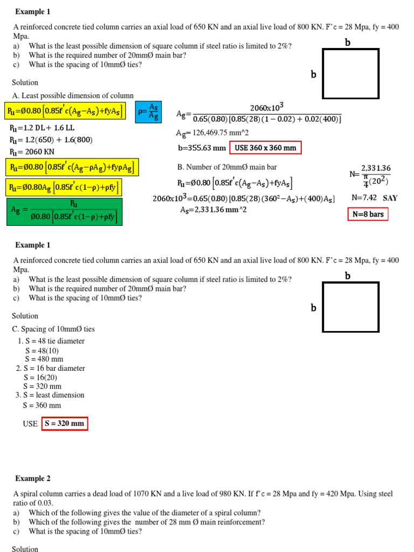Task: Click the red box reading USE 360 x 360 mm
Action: coord(265,148)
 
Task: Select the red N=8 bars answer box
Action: coord(368,215)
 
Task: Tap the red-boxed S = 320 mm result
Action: coord(64,424)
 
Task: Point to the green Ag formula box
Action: coord(64,212)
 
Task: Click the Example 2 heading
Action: coord(33,479)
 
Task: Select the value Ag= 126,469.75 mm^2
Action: coord(212,133)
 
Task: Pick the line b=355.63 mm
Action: coord(202,148)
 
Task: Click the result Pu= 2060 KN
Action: coord(32,152)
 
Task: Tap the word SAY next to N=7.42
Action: coord(390,198)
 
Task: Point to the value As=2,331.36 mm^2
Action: coord(213,210)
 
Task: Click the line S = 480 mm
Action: coord(44,359)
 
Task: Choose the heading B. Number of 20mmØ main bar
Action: coord(227,167)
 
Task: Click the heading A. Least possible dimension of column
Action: coord(73,95)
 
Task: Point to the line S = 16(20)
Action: coord(40,377)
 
